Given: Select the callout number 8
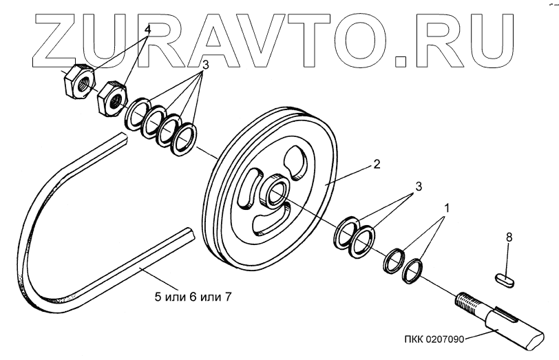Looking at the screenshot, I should [x=509, y=237].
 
